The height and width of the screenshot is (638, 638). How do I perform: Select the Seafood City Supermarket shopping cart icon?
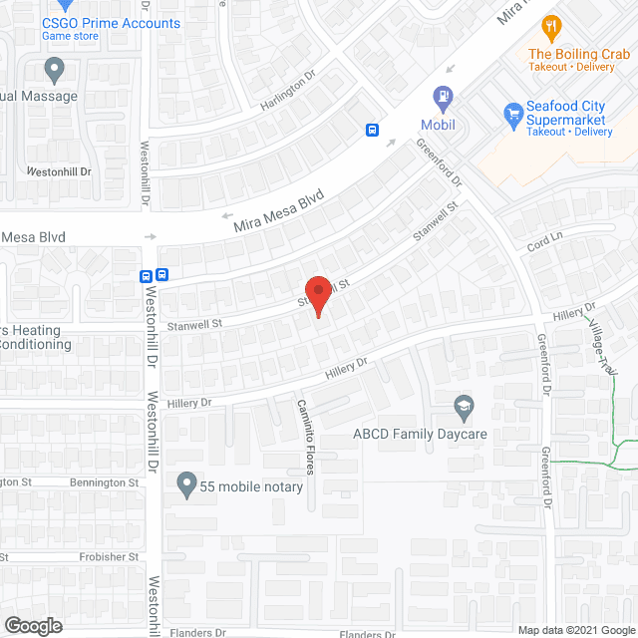click(513, 112)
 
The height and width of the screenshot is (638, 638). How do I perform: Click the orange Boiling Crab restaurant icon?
click(548, 25)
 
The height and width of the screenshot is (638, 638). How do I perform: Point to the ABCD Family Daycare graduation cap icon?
click(463, 407)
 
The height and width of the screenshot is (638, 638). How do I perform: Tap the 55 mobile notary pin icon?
click(185, 485)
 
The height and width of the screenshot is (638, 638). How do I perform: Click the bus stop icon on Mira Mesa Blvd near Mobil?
click(372, 130)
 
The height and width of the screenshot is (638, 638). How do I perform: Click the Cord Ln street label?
click(538, 242)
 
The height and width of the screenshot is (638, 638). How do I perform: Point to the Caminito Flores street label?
click(304, 437)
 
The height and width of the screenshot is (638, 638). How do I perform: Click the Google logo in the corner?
click(32, 625)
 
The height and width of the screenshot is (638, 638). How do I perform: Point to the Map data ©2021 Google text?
click(575, 630)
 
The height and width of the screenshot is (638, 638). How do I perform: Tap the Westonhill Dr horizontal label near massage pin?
click(58, 171)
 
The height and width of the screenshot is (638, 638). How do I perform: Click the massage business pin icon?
click(54, 70)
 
